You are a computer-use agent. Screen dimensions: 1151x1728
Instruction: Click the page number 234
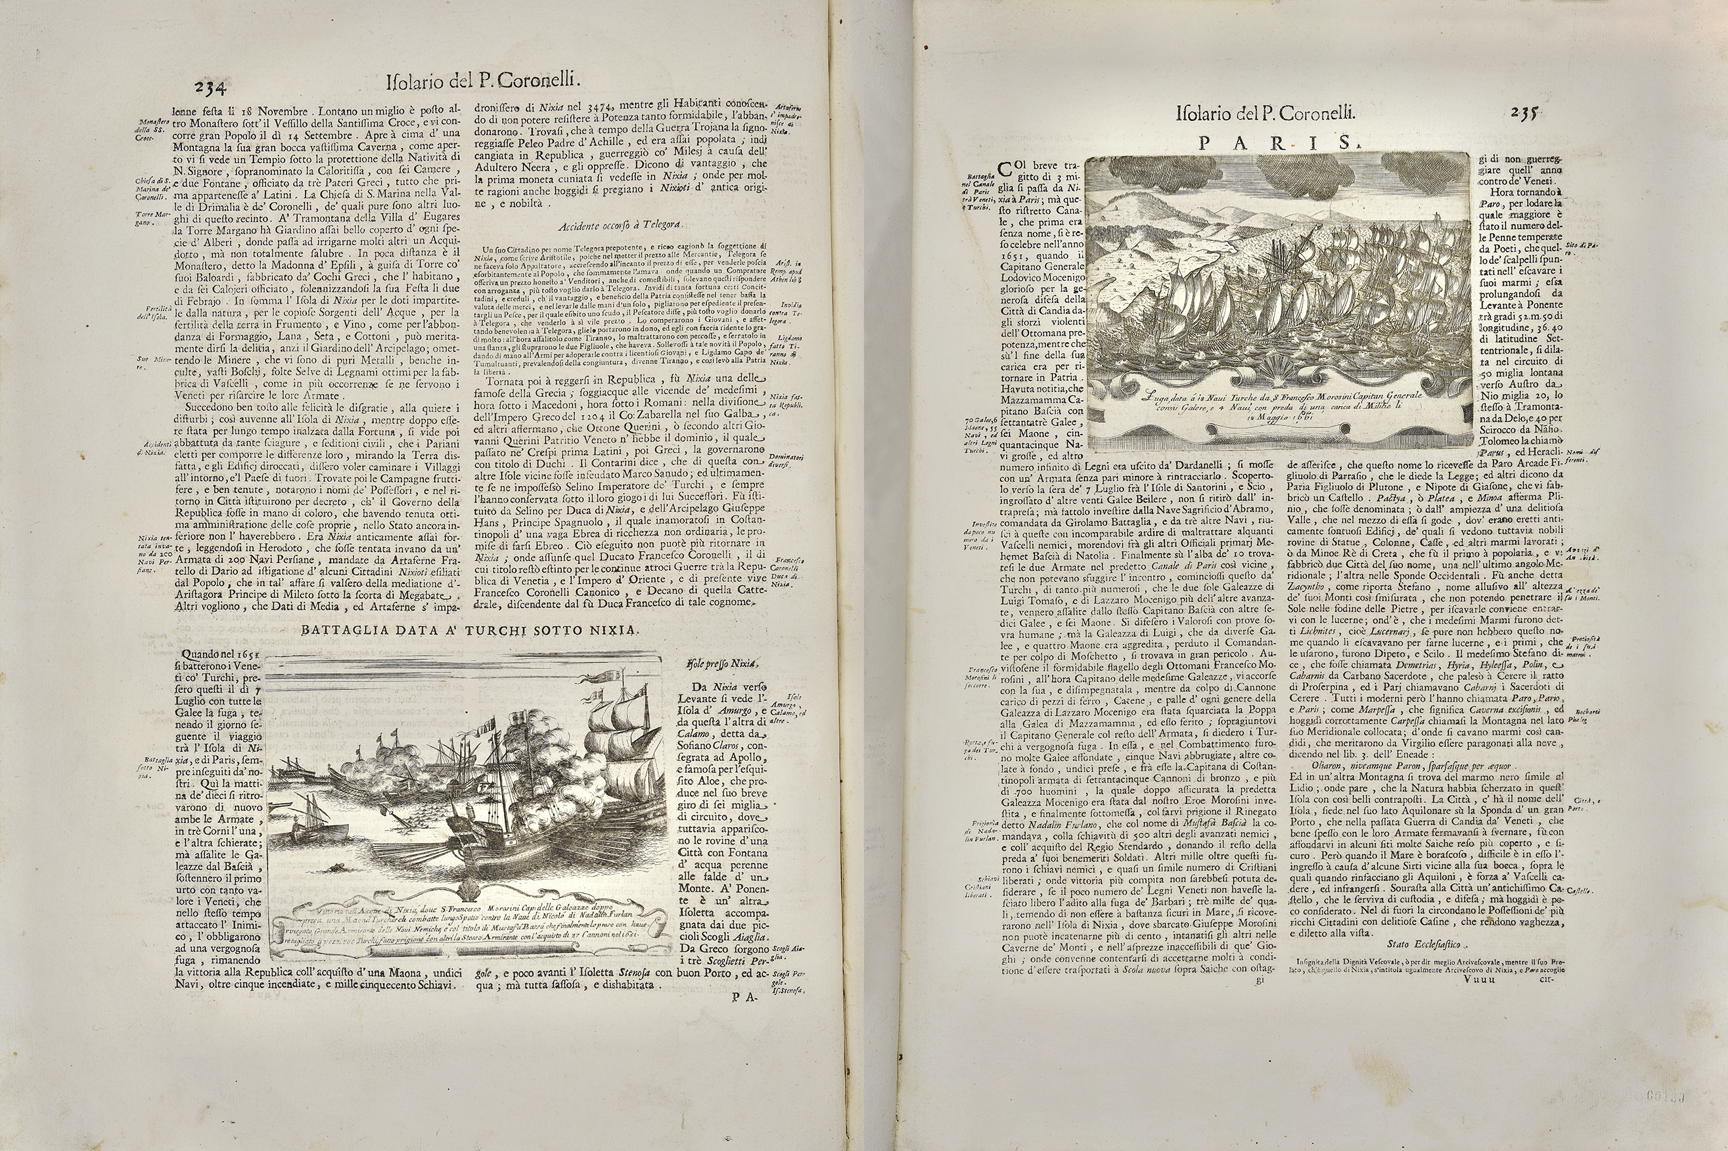pos(213,87)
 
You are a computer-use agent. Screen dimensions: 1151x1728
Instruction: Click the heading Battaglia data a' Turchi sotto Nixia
pos(470,630)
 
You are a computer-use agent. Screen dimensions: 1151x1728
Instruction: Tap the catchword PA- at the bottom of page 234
pos(744,997)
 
